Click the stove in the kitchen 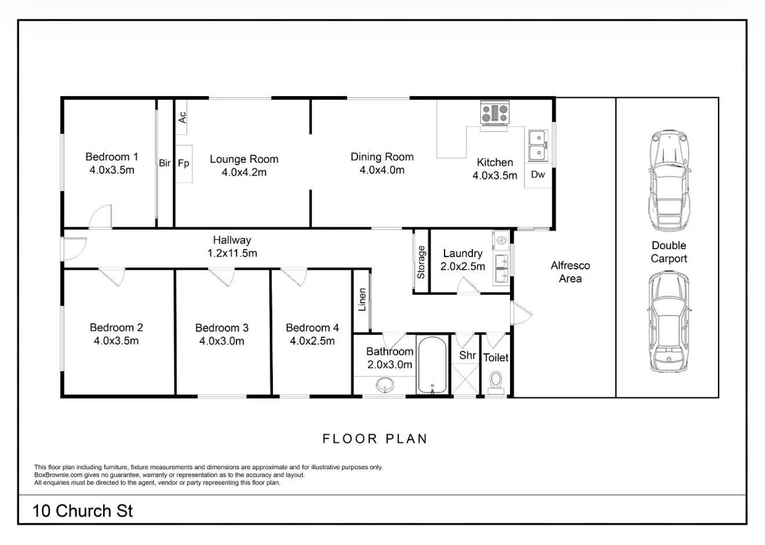494,114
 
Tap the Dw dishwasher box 538,175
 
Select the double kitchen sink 538,145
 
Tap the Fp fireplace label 183,163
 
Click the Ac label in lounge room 182,117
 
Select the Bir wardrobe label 165,163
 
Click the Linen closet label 362,300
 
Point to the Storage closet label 421,262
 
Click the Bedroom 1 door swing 100,217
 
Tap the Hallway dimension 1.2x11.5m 232,253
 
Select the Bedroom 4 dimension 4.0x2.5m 312,341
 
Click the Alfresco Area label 570,272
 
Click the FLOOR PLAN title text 375,439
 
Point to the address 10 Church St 83,511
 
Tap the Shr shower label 467,355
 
